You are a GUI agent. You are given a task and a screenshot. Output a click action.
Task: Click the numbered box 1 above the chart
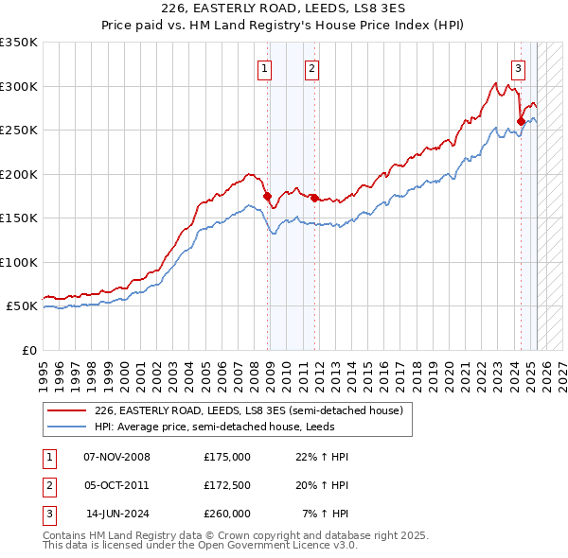263,67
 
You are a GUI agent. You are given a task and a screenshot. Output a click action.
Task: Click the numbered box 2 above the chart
311,67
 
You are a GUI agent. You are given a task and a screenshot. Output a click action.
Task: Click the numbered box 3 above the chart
519,67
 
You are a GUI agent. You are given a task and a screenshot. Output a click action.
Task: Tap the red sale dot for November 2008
268,196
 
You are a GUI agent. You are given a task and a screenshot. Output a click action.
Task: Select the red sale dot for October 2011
314,198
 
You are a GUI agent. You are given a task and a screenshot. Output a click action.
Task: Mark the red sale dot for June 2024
521,121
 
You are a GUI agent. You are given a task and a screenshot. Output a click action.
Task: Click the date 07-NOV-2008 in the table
117,457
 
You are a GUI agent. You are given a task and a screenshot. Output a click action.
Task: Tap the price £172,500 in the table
227,485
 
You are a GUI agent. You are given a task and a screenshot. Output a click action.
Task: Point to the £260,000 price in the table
227,514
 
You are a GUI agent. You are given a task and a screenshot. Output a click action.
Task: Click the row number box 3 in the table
48,514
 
